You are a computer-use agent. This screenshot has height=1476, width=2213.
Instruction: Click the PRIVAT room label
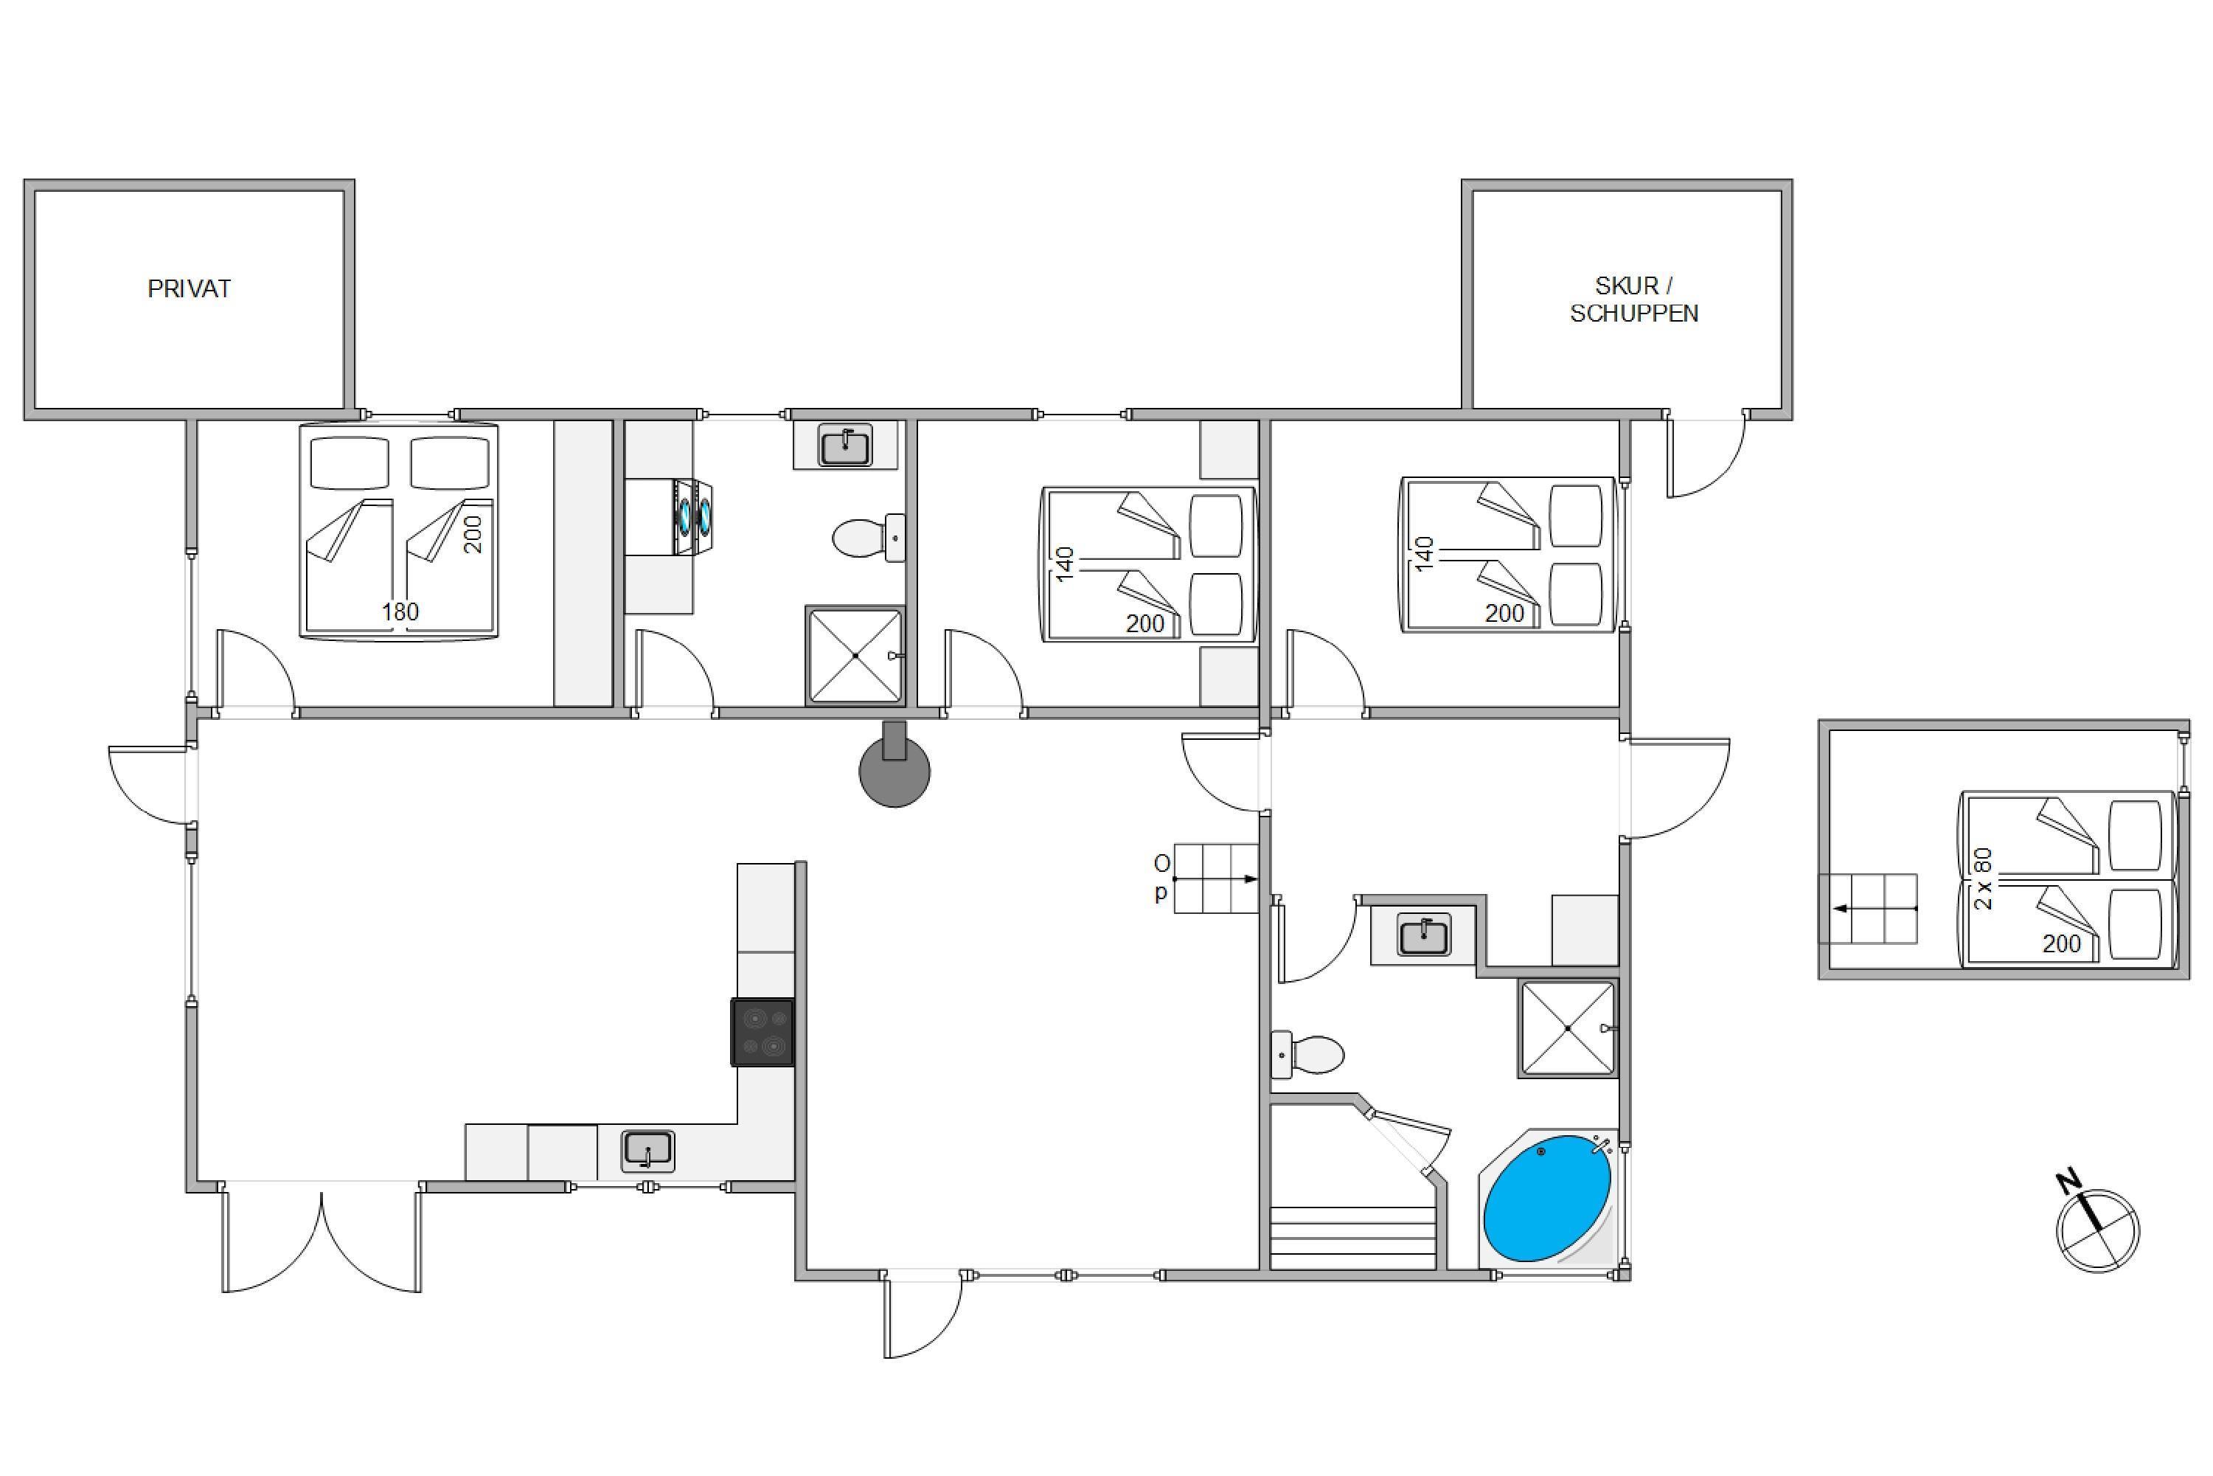tap(189, 289)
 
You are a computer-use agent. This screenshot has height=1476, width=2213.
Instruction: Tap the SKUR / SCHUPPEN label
tap(1634, 299)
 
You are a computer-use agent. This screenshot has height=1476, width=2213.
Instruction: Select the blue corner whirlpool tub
tap(1548, 1199)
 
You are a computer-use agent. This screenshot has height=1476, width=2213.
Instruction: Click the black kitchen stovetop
tap(763, 1032)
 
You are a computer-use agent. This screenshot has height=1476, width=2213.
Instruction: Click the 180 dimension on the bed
tap(400, 611)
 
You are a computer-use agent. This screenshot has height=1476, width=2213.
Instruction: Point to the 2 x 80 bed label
tap(1982, 879)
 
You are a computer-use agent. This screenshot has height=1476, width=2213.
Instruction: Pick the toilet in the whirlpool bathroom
tap(1308, 1054)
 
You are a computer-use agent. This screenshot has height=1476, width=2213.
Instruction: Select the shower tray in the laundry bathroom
tap(855, 655)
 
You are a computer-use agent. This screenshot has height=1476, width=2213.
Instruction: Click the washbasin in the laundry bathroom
tap(846, 446)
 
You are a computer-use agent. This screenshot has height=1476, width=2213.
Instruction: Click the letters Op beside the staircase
tap(1162, 877)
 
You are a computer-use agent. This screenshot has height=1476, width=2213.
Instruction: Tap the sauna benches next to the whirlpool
tap(1353, 1238)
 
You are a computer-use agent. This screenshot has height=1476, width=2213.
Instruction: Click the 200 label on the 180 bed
tap(473, 534)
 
